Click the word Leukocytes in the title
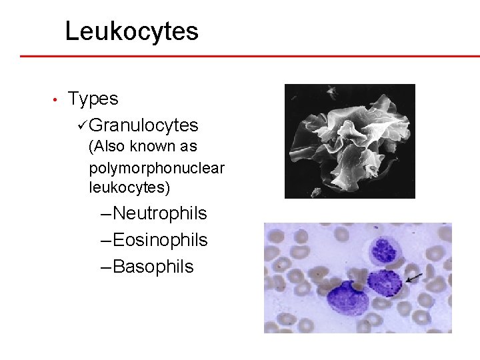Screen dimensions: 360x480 tap(131, 31)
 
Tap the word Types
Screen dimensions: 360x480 tap(93, 99)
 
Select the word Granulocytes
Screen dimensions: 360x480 tap(143, 125)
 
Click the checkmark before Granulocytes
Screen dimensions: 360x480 tap(82, 125)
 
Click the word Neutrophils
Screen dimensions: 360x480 tap(160, 214)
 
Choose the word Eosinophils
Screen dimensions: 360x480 tap(160, 240)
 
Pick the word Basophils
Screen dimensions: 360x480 tap(153, 267)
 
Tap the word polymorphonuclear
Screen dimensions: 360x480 tap(157, 167)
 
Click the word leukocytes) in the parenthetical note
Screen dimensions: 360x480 tap(129, 188)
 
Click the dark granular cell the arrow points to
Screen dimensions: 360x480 tap(385, 282)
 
